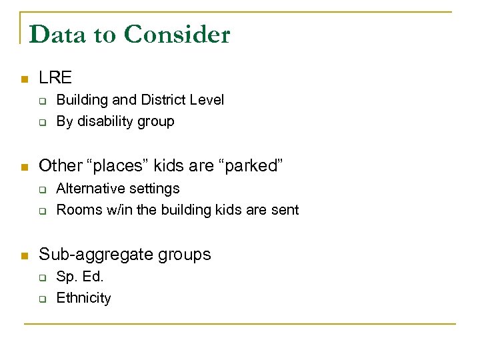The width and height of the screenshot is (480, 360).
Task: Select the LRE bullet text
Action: point(55,78)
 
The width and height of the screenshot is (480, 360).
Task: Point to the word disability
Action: point(107,121)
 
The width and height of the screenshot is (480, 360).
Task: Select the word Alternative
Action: point(89,189)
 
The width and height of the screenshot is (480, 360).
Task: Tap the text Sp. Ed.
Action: point(80,277)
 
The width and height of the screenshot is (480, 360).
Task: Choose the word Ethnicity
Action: point(83,298)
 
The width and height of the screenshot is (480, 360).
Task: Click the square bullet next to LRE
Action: point(24,79)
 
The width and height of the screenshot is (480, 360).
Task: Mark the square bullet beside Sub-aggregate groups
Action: point(24,255)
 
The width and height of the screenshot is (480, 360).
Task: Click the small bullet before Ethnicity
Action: point(41,299)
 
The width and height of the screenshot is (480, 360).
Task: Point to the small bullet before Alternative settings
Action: point(41,190)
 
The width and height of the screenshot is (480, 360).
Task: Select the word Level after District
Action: point(206,100)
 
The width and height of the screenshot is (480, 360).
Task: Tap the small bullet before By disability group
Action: point(41,123)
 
